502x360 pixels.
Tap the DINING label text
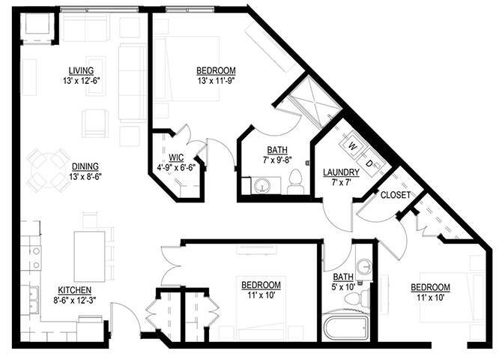(85, 166)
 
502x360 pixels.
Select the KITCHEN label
(75, 290)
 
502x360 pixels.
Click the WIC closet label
(176, 157)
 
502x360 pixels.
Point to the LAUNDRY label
(341, 172)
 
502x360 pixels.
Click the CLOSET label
(396, 195)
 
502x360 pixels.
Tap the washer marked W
(352, 146)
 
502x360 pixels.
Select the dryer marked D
(369, 163)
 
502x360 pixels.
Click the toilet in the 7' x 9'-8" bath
(295, 181)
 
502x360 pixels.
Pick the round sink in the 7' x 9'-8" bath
(262, 185)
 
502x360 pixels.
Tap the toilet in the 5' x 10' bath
(357, 296)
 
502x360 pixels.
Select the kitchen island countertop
(90, 256)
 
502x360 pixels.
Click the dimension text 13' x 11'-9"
(217, 80)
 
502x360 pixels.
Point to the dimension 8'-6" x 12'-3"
(75, 300)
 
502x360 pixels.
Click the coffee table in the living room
(96, 76)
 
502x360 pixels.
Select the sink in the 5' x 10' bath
(364, 265)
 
